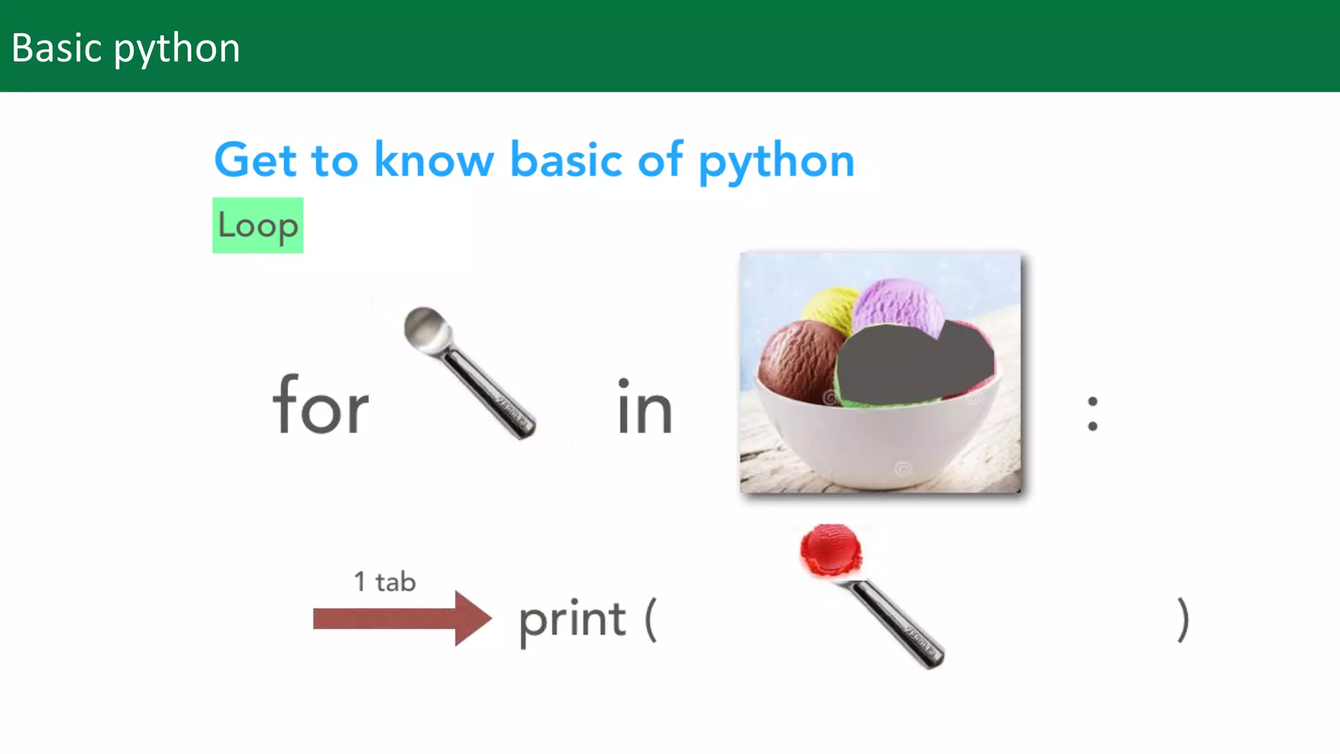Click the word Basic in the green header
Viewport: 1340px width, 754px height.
click(x=57, y=48)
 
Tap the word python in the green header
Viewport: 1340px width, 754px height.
click(x=177, y=50)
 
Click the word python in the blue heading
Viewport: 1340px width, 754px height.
click(x=776, y=162)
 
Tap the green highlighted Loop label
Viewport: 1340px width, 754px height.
click(x=258, y=226)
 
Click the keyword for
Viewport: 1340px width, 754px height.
click(x=321, y=406)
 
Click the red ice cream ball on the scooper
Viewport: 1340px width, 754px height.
click(x=830, y=548)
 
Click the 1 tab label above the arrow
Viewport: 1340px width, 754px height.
click(x=385, y=582)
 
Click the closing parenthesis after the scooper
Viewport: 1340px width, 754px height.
click(x=1182, y=619)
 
